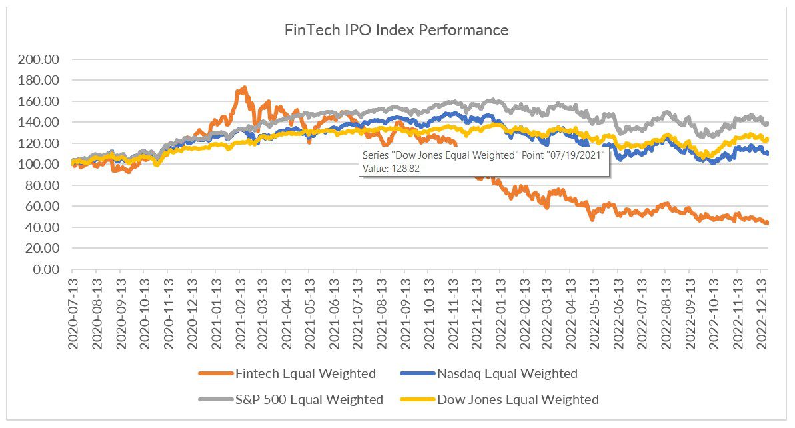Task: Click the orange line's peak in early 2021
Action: pyautogui.click(x=245, y=87)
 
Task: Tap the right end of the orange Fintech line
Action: pyautogui.click(x=767, y=223)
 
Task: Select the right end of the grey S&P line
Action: pyautogui.click(x=767, y=123)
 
